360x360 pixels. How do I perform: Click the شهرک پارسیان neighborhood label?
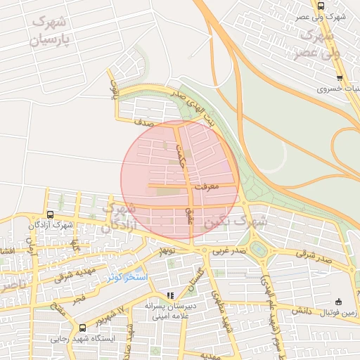51,30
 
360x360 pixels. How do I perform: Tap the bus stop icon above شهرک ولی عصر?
321,6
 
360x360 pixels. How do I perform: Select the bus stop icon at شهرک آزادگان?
50,214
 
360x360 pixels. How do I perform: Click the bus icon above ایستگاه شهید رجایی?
83,328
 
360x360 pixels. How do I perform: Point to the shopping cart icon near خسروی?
340,78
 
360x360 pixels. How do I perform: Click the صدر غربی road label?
231,250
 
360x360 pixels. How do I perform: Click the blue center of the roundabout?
259,250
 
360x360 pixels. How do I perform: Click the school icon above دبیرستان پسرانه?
169,295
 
